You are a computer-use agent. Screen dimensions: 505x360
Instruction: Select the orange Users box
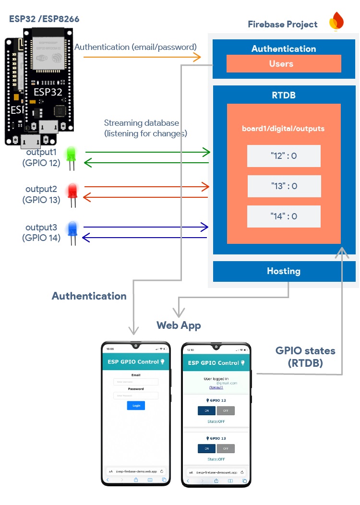click(x=283, y=64)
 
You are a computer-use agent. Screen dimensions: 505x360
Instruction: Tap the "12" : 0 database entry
click(x=284, y=156)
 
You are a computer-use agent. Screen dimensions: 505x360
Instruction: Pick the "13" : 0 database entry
click(x=284, y=186)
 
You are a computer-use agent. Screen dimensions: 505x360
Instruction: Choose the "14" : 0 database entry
click(x=284, y=216)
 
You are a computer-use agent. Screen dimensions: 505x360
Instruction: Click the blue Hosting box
click(x=284, y=271)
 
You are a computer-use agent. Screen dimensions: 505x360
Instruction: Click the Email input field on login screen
click(x=136, y=382)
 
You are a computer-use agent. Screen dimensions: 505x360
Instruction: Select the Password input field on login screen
click(x=136, y=396)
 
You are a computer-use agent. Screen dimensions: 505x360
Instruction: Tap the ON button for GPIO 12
click(x=206, y=411)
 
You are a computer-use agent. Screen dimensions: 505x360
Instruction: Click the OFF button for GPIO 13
click(x=226, y=448)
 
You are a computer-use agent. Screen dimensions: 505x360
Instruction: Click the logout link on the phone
click(x=216, y=387)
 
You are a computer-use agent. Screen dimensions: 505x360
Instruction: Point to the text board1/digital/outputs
click(x=283, y=129)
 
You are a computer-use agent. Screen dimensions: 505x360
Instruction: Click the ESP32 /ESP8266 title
click(x=44, y=19)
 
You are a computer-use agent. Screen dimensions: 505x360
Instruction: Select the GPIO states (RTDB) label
click(x=305, y=357)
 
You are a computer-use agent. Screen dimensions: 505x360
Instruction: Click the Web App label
click(x=179, y=325)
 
